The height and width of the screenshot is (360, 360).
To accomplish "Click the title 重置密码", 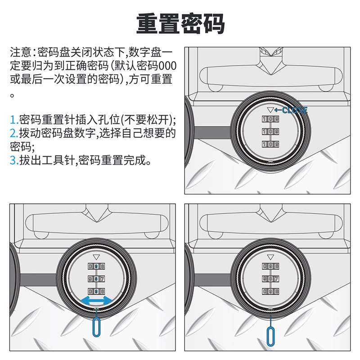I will (180, 23).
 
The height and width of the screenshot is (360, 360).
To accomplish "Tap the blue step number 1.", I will (13, 120).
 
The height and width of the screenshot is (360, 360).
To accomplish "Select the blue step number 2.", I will (13, 133).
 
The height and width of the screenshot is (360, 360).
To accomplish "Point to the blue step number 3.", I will (13, 160).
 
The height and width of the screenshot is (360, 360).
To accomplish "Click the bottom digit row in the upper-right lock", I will (270, 144).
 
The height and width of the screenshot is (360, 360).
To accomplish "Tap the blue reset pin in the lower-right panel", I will (270, 333).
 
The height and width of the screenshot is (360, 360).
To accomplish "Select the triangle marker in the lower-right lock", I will (270, 257).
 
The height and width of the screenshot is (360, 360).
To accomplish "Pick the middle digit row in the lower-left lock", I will (95, 279).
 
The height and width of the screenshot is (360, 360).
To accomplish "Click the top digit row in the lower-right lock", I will (270, 267).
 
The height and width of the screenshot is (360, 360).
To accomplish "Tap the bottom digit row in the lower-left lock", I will (95, 291).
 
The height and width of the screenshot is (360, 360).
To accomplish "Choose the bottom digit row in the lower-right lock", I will (270, 291).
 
